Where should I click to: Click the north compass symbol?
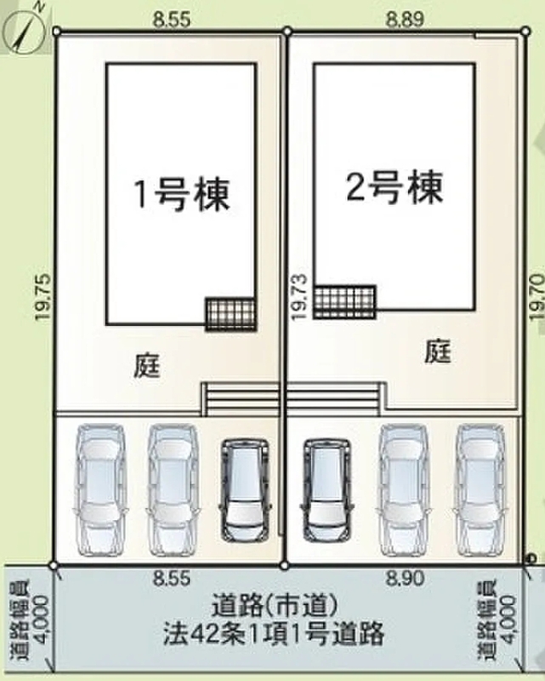24,31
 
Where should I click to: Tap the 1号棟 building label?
182,195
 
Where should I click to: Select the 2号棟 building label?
395,187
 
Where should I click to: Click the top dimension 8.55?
172,20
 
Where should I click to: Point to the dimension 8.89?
404,20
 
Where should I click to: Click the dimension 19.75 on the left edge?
44,297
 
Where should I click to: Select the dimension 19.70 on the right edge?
536,297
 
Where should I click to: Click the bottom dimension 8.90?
405,579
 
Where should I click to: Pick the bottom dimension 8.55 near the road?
172,579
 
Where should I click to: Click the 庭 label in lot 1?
146,366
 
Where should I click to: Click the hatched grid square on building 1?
230,314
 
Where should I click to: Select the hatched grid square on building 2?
344,302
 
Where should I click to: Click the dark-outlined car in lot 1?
245,490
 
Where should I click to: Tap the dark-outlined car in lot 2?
326,490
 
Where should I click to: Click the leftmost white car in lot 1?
100,489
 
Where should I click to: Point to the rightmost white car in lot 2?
480,489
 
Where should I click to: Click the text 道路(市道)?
275,605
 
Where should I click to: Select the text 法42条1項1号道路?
274,633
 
